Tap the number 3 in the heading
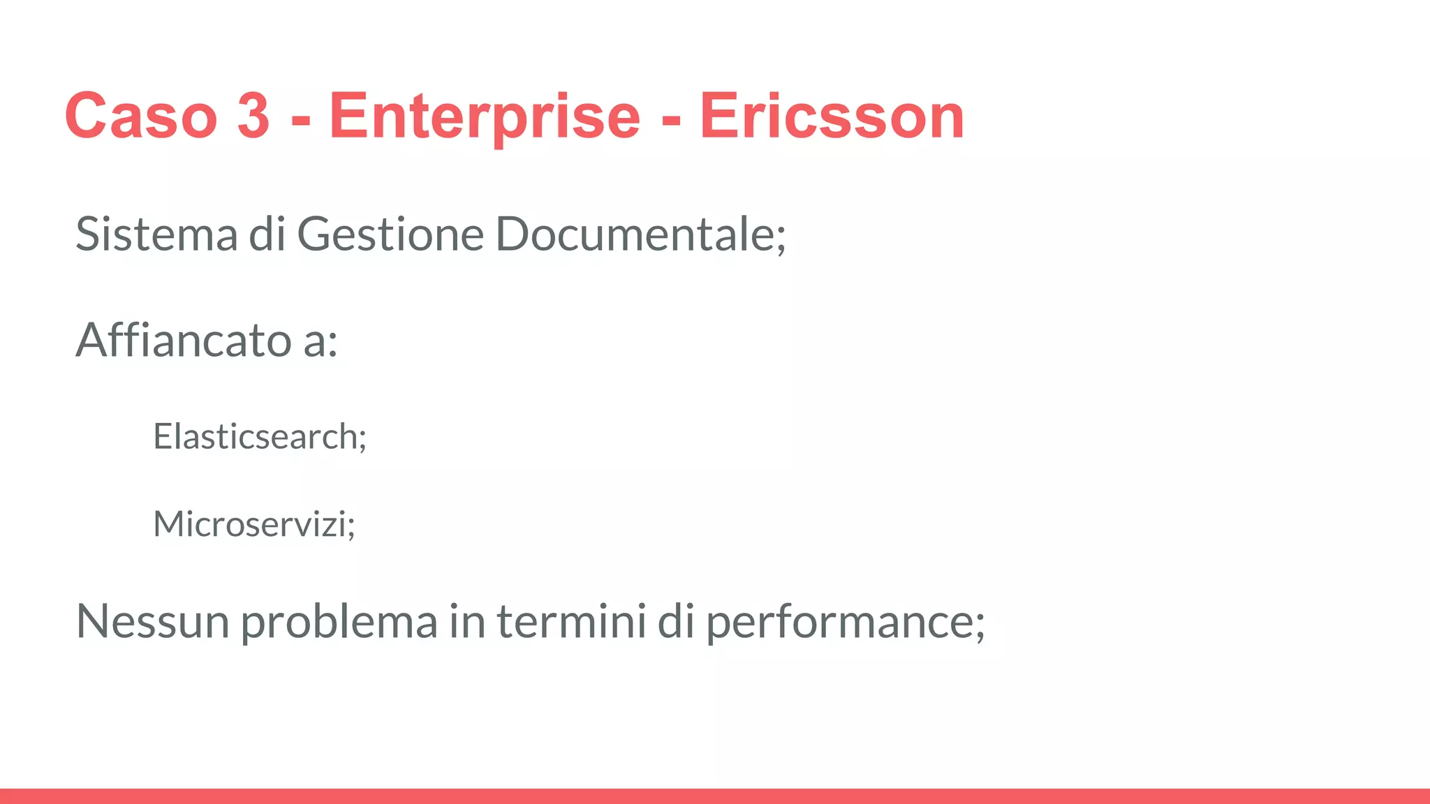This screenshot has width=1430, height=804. (x=253, y=116)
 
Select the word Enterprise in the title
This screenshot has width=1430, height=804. (x=485, y=116)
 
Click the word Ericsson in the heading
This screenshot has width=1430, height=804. (x=832, y=116)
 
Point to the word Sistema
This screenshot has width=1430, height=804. (x=156, y=234)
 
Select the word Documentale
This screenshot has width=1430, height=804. (x=634, y=234)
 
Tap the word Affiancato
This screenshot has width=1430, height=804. (x=184, y=341)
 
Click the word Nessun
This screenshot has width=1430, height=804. (x=152, y=620)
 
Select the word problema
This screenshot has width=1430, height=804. (x=339, y=622)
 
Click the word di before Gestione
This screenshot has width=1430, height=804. (x=267, y=234)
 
